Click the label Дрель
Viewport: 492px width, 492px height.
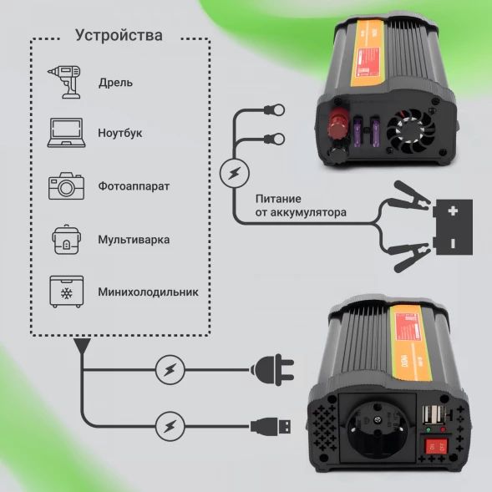[x=115, y=83]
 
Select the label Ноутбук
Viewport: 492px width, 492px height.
[x=120, y=134]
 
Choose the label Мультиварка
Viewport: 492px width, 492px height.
[x=134, y=240]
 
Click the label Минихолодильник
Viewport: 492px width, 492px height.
[x=147, y=293]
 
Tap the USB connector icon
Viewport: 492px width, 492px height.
[x=273, y=426]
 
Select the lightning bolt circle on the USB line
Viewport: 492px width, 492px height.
[x=170, y=426]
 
